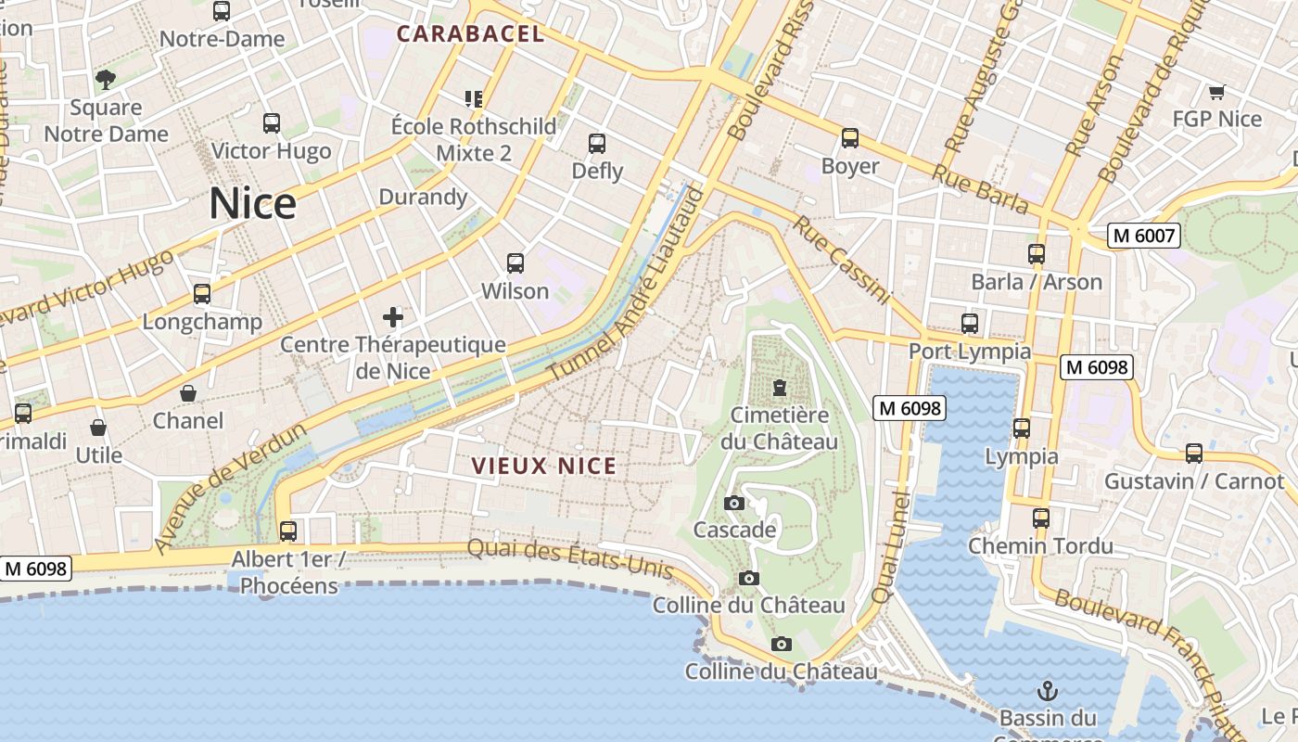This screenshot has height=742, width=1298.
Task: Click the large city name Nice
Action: tap(252, 204)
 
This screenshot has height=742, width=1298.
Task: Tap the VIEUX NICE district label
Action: tap(544, 466)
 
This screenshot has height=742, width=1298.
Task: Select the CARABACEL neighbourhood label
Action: tap(470, 34)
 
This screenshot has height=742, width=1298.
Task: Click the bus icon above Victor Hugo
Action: tap(272, 122)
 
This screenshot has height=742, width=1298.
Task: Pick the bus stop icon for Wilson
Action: tap(515, 263)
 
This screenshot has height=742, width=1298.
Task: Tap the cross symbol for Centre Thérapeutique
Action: tap(393, 317)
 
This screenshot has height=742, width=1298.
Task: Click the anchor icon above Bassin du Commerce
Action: tap(1047, 691)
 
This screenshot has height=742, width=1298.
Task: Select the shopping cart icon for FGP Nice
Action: tap(1216, 92)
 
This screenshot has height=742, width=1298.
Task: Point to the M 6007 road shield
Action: tap(1143, 236)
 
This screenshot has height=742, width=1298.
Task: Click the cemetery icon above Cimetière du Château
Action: tap(779, 387)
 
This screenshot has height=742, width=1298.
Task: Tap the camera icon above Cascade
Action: tap(734, 503)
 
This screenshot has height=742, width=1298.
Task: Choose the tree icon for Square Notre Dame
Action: tap(106, 80)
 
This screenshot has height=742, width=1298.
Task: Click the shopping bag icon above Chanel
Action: tap(188, 393)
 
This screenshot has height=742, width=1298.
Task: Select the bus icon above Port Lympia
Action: tap(970, 324)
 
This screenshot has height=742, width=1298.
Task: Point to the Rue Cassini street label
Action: tap(842, 261)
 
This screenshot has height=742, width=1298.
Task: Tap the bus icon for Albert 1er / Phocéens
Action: tap(288, 531)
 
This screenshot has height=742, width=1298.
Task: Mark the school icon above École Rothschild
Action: tap(474, 98)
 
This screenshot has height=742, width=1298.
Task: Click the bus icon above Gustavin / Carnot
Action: tap(1194, 454)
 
